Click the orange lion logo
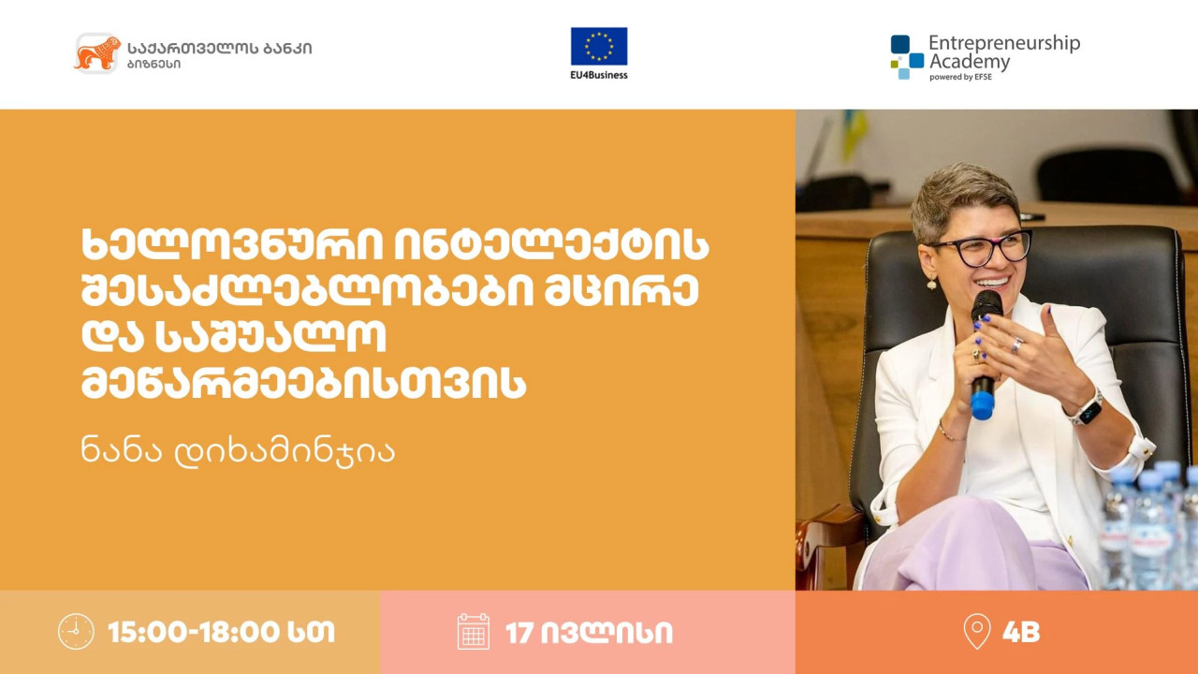tap(97, 53)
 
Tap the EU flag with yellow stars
tap(599, 46)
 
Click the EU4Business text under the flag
tap(599, 75)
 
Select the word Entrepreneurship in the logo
tap(1004, 44)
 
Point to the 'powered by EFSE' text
tap(960, 77)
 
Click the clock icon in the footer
tap(76, 632)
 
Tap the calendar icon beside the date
tap(474, 632)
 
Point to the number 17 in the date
tap(519, 633)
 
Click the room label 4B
tap(1021, 632)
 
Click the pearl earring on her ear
tap(931, 283)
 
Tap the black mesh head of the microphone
tap(986, 306)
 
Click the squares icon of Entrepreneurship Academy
tap(907, 57)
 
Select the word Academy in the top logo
tap(970, 62)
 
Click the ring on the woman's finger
tap(1016, 345)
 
